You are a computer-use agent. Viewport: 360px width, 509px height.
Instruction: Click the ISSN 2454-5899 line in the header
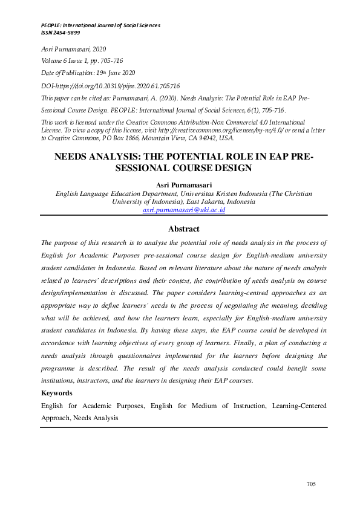click(61, 32)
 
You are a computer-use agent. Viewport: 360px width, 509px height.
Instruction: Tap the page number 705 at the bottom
click(312, 484)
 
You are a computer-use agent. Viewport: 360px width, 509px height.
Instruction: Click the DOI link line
click(110, 86)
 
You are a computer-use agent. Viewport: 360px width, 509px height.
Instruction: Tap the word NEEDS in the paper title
click(74, 156)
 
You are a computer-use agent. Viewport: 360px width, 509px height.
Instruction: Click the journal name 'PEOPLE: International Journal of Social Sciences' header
click(100, 25)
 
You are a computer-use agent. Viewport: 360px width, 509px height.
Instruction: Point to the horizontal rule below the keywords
click(183, 428)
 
